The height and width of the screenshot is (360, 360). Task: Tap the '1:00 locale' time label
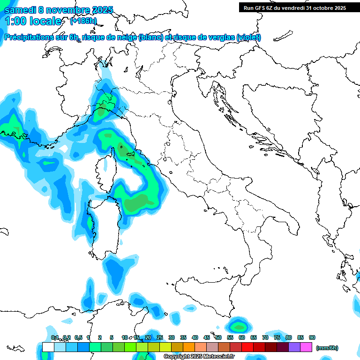(x=33, y=21)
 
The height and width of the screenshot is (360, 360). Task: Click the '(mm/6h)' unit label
(x=327, y=348)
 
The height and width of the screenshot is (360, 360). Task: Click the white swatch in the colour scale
(x=48, y=347)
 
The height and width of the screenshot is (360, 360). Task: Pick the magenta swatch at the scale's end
(x=306, y=347)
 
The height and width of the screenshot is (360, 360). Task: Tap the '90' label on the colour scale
(x=312, y=337)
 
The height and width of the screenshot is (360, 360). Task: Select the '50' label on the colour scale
(x=218, y=337)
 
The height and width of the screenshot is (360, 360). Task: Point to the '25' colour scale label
(x=160, y=337)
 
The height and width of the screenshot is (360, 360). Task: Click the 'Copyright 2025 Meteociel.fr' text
(x=199, y=357)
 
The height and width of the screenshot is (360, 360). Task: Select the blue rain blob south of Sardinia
(x=115, y=272)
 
